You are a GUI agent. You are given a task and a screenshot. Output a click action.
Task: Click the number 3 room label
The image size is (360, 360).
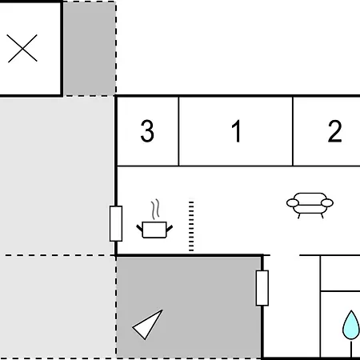(x=147, y=130)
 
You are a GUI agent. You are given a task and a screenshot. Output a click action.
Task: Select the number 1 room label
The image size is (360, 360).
(x=237, y=130)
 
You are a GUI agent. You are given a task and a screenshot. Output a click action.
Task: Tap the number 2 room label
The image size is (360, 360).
(x=335, y=130)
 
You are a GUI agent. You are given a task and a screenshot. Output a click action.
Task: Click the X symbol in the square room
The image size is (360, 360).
(x=22, y=48)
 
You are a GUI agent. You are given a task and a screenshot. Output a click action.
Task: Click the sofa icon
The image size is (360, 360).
(x=310, y=206)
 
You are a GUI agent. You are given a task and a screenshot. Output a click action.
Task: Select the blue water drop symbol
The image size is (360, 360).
(x=351, y=325)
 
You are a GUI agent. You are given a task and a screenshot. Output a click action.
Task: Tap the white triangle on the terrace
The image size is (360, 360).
(x=147, y=325)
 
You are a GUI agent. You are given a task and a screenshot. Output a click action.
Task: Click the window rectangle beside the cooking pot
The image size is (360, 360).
(x=116, y=223)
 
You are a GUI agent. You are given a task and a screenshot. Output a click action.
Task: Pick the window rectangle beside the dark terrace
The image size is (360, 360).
(x=262, y=288)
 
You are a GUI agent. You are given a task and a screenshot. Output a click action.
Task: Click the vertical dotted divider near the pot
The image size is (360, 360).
(x=191, y=226)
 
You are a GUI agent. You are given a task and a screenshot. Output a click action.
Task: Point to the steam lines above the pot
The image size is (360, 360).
(x=155, y=209)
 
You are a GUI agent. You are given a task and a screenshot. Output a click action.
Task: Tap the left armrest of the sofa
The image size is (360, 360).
(x=293, y=203)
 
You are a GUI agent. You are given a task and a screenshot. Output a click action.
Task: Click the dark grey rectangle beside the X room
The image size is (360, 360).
(x=90, y=48)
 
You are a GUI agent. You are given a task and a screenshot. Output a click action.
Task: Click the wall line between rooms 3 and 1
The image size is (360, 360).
(x=178, y=131)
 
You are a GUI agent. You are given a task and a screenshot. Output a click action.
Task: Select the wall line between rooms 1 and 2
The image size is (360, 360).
(x=293, y=131)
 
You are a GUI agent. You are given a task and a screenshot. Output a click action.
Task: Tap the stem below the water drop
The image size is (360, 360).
(x=351, y=349)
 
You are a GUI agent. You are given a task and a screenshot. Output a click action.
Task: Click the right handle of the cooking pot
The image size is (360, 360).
(x=170, y=229)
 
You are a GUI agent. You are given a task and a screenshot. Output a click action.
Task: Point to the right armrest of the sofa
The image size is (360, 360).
(x=327, y=203)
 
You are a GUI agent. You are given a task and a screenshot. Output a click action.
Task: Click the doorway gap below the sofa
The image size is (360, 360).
(x=285, y=255)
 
